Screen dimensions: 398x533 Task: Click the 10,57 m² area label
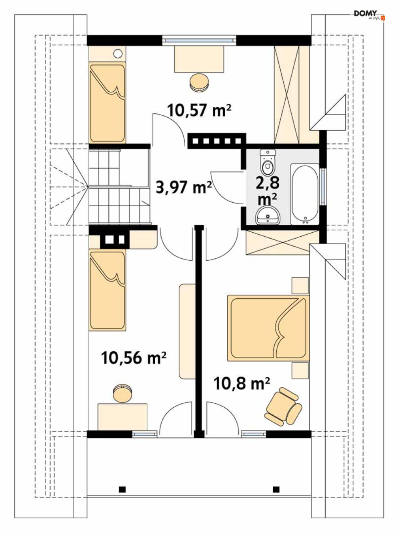pos(199,110)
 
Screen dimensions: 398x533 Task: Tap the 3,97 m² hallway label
pos(184,187)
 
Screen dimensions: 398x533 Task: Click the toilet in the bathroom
pos(268,162)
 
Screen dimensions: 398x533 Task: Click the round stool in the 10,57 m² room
pos(199,82)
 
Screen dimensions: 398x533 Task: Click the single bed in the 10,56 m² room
pos(108,290)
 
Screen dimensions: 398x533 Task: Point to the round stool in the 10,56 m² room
pos(123,393)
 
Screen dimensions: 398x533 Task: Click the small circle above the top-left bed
pos(118,54)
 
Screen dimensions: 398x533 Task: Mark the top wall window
pos(199,40)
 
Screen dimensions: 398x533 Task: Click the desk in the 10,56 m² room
pos(122,417)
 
